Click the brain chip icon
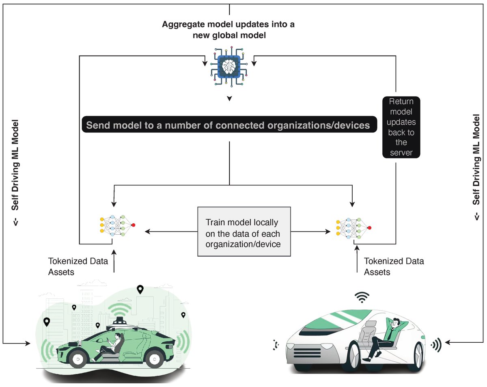(x=229, y=66)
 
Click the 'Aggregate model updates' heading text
(x=228, y=30)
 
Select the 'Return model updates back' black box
(x=401, y=127)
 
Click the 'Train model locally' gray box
(x=244, y=231)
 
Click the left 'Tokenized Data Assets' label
(x=78, y=266)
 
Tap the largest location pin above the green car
(x=140, y=289)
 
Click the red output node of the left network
(x=134, y=225)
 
